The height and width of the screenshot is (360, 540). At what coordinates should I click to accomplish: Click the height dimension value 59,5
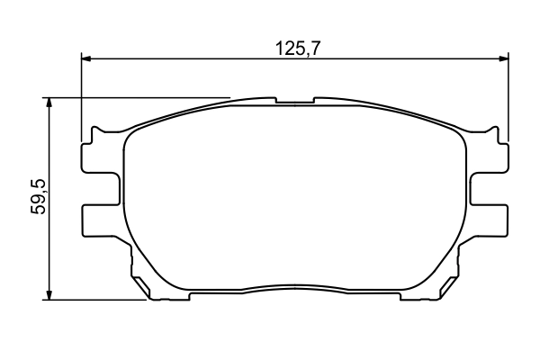(x=38, y=197)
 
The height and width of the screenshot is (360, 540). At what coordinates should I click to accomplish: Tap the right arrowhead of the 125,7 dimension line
(x=502, y=59)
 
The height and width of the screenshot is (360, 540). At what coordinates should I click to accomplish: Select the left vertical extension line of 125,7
(x=82, y=99)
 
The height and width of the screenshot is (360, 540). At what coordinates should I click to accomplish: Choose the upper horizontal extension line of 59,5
(x=135, y=97)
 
